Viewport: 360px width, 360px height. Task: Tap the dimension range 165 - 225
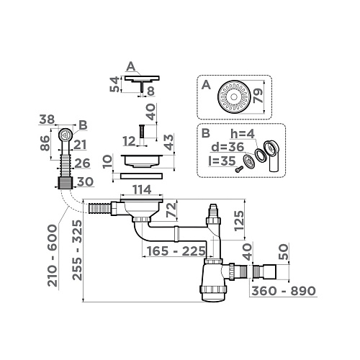(x=162, y=253)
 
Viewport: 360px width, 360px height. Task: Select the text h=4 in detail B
(x=244, y=133)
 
